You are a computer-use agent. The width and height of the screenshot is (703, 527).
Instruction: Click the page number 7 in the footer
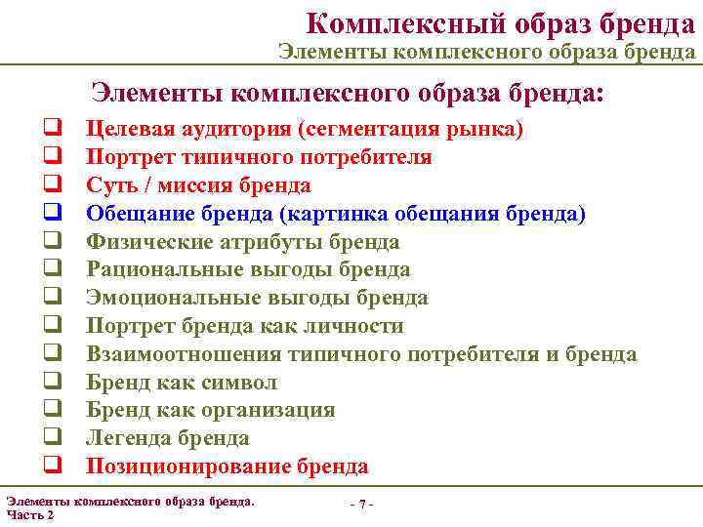(x=362, y=504)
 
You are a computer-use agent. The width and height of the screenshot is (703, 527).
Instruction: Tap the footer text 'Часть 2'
(x=30, y=514)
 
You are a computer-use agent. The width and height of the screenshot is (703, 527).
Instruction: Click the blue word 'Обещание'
(x=136, y=214)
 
